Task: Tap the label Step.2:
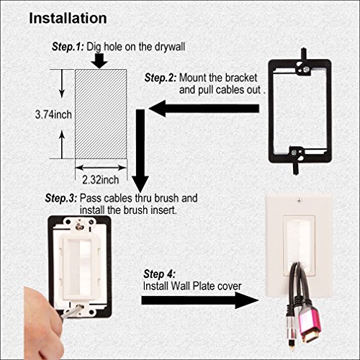click(x=160, y=77)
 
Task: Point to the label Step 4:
click(x=158, y=274)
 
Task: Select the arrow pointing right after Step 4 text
click(x=223, y=299)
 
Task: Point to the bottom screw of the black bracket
click(x=294, y=152)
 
